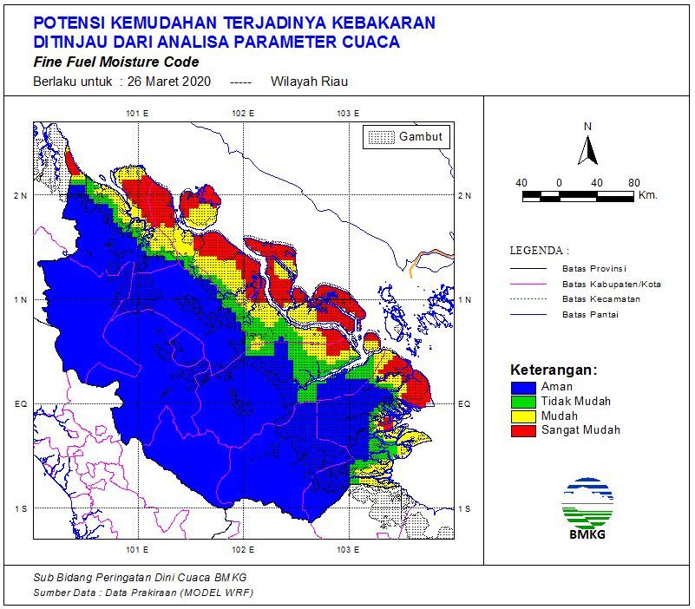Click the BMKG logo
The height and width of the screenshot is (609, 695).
[587, 507]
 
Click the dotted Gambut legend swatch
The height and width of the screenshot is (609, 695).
[380, 136]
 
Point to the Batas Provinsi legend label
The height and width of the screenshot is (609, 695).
[593, 268]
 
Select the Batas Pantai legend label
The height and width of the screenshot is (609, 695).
[589, 314]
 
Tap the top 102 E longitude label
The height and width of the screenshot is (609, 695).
[242, 113]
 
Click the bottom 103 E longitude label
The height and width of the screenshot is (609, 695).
[348, 549]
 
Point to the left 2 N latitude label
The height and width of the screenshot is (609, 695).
[19, 196]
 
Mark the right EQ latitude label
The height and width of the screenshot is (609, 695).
[466, 404]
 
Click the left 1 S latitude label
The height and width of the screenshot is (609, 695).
[19, 508]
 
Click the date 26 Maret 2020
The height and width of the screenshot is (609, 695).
[170, 82]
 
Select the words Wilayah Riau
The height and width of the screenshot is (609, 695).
[309, 82]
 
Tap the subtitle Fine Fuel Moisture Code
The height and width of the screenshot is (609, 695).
[116, 62]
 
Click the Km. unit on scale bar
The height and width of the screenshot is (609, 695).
[647, 195]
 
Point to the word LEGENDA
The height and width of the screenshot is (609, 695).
[538, 251]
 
